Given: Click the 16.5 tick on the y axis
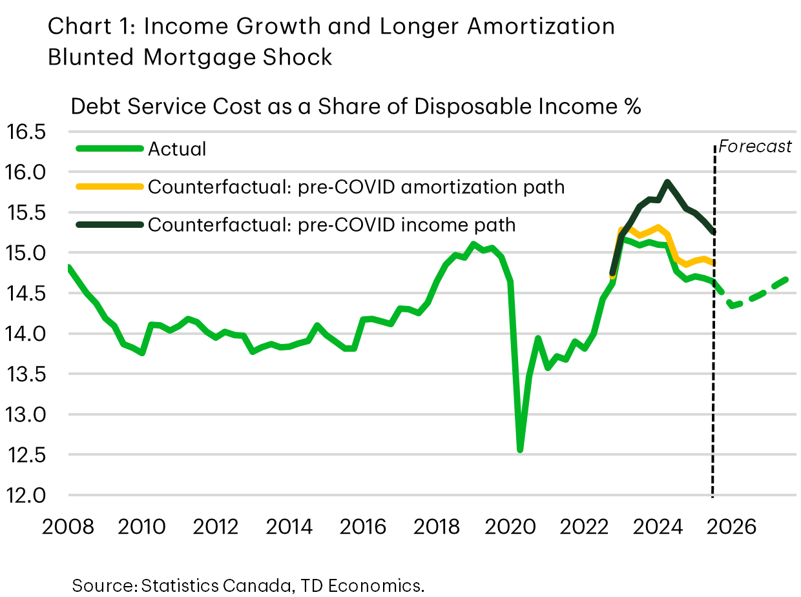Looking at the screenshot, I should pos(27,133).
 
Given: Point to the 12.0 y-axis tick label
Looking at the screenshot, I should pos(27,496).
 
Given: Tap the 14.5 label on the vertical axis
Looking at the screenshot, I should pos(27,294).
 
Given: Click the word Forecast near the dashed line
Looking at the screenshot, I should pos(754,147).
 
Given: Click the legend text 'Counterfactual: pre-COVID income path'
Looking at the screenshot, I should pos(332,225).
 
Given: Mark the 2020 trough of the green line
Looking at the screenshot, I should pos(519,449).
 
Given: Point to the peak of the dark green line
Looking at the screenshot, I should pos(667,182).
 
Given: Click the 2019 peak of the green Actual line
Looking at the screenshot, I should pos(473,244).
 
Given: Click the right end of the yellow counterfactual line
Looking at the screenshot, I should pos(713,263).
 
